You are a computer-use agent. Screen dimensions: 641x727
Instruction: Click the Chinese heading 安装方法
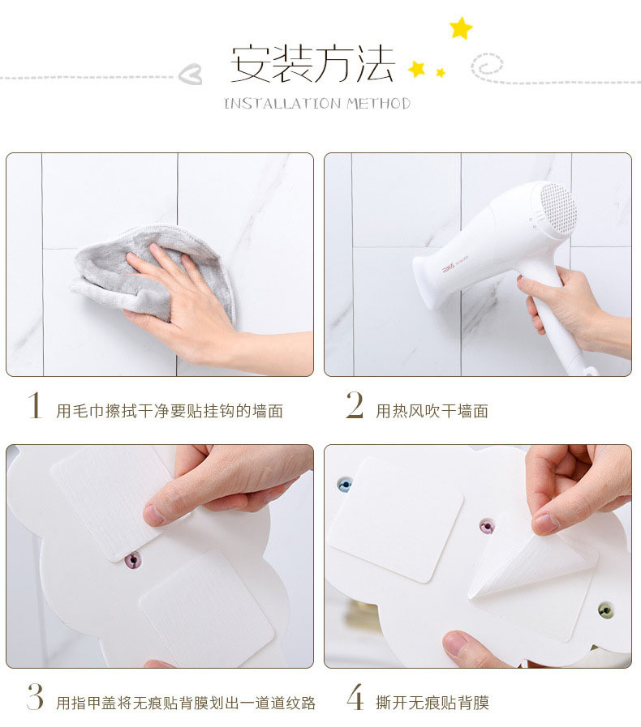point(312,64)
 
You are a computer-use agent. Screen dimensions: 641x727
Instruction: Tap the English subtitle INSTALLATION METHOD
point(317,103)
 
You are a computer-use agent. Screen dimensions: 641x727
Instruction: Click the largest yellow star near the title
point(461,28)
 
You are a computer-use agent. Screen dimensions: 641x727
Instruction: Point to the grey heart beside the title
point(191,74)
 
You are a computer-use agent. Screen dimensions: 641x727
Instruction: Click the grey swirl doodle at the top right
point(487,66)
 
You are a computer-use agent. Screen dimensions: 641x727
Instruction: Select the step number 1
point(35,405)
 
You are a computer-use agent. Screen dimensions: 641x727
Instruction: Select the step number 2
point(355,404)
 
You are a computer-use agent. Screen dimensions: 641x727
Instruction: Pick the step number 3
point(35,696)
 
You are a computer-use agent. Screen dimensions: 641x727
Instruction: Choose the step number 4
point(355,697)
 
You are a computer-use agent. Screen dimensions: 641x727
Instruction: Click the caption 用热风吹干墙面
point(432,411)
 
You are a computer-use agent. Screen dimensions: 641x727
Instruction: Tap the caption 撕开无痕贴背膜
point(432,703)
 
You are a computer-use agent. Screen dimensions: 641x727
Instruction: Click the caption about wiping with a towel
point(170,411)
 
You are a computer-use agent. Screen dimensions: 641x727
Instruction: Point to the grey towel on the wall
point(153,274)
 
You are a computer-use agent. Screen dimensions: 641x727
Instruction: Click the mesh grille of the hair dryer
point(558,207)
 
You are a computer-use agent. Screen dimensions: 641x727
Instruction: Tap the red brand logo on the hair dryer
point(449,269)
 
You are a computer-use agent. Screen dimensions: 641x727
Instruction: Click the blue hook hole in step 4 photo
point(345,485)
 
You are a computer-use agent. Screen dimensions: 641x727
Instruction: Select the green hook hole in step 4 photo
point(605,610)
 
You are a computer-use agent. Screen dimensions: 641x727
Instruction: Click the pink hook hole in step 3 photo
point(133,561)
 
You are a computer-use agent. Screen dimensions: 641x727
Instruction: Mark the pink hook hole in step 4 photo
point(487,526)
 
